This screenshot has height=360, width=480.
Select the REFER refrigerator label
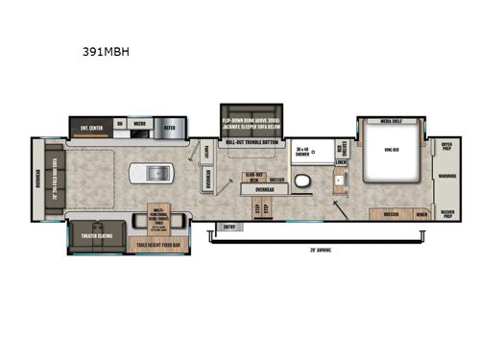click(x=169, y=124)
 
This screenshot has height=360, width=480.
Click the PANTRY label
click(x=206, y=151)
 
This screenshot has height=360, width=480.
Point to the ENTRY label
click(x=228, y=227)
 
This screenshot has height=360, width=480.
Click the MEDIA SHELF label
click(x=393, y=123)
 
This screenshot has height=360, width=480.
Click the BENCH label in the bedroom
click(x=421, y=213)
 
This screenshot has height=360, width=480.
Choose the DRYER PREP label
click(x=446, y=147)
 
